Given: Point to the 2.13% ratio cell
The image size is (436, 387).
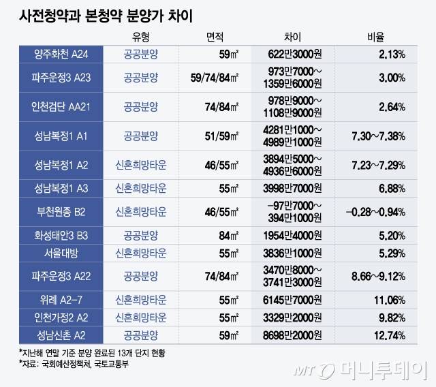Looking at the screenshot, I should coord(390,53).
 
